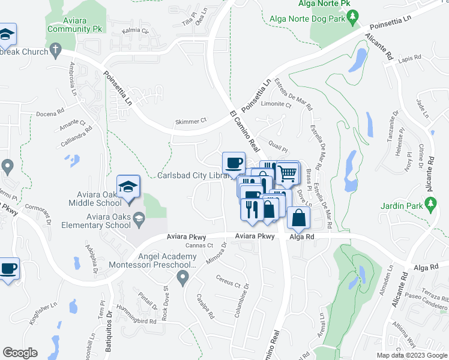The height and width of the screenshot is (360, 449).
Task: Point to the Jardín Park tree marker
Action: pyautogui.click(x=430, y=205)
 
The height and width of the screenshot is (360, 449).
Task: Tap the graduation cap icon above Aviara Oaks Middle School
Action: pyautogui.click(x=128, y=187)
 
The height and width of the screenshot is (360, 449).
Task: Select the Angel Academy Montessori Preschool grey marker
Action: pyautogui.click(x=183, y=277)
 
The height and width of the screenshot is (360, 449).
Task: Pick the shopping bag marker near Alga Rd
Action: pyautogui.click(x=298, y=219)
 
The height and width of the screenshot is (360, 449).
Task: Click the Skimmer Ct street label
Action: pyautogui.click(x=190, y=121)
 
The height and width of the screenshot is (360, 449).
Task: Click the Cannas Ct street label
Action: pyautogui.click(x=199, y=245)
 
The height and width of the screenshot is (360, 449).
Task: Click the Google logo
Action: pyautogui.click(x=20, y=352)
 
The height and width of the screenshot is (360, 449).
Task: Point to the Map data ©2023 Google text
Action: pyautogui.click(x=412, y=355)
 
